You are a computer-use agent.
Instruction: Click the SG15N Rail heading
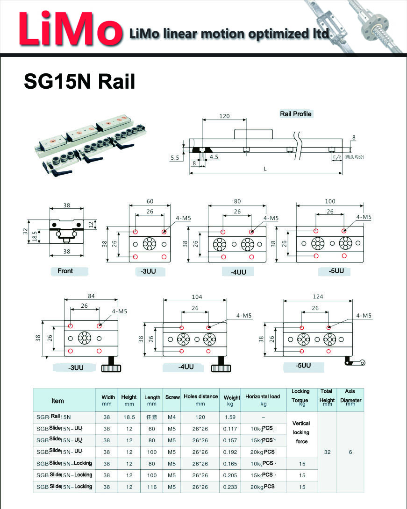click(79, 81)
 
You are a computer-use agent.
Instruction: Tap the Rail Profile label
click(295, 114)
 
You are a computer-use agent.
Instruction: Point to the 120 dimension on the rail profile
click(224, 116)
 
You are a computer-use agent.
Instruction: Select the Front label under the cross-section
click(65, 271)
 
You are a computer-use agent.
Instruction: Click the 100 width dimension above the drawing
click(330, 201)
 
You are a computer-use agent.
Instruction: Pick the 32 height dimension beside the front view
click(26, 232)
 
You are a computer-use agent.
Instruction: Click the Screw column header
click(172, 397)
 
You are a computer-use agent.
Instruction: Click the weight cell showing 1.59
click(230, 417)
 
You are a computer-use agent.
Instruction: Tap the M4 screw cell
click(172, 417)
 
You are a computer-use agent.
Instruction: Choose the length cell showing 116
click(152, 487)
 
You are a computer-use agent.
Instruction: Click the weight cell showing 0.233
click(230, 487)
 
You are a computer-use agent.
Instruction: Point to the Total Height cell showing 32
click(327, 452)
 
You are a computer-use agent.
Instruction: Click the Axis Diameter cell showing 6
click(350, 452)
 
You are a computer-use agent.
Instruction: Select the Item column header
click(58, 401)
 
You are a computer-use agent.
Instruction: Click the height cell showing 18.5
click(129, 417)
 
